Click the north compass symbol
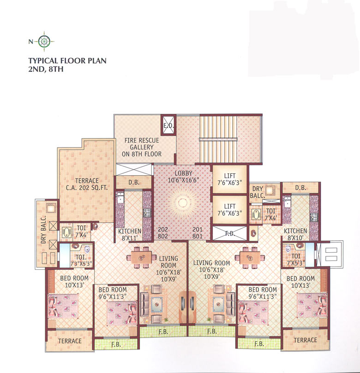[x=44, y=41]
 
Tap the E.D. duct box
[x=167, y=125]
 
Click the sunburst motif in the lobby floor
[x=181, y=203]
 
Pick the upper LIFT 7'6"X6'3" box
[x=229, y=178]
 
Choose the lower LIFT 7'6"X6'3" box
[x=229, y=209]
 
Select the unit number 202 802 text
[x=162, y=232]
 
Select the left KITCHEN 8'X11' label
[x=129, y=235]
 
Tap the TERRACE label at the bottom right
[x=305, y=340]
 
